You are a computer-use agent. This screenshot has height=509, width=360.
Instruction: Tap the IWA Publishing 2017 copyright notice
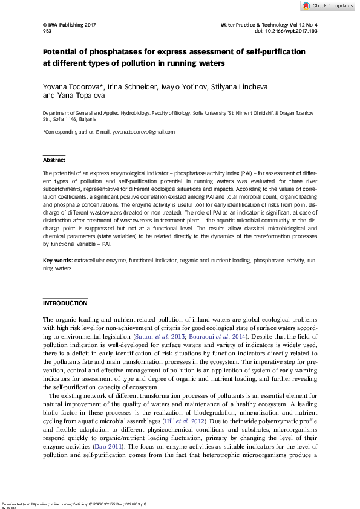pyautogui.click(x=70, y=24)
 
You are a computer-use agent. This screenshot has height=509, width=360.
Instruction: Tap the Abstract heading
pyautogui.click(x=54, y=160)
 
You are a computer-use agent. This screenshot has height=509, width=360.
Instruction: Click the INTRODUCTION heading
pyautogui.click(x=65, y=303)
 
